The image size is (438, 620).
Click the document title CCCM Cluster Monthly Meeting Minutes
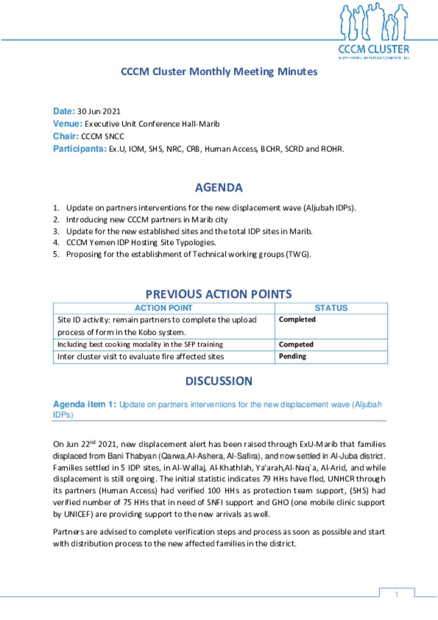[219, 71]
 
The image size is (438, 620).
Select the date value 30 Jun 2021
[99, 111]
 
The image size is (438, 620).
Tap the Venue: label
[68, 124]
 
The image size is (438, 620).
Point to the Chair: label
[65, 136]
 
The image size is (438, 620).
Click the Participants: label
[80, 149]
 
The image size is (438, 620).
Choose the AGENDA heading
[219, 187]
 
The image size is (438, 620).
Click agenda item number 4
[56, 243]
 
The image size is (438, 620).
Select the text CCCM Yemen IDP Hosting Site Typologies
[141, 243]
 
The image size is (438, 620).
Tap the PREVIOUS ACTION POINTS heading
[219, 294]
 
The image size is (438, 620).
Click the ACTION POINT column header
[163, 308]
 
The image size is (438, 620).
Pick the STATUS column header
[331, 308]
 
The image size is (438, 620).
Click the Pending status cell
[293, 356]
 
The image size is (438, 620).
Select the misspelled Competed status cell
[296, 344]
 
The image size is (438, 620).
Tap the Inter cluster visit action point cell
[141, 356]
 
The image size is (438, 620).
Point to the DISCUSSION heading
[219, 381]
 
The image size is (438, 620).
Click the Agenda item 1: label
[84, 404]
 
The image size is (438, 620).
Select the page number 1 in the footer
[397, 594]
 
